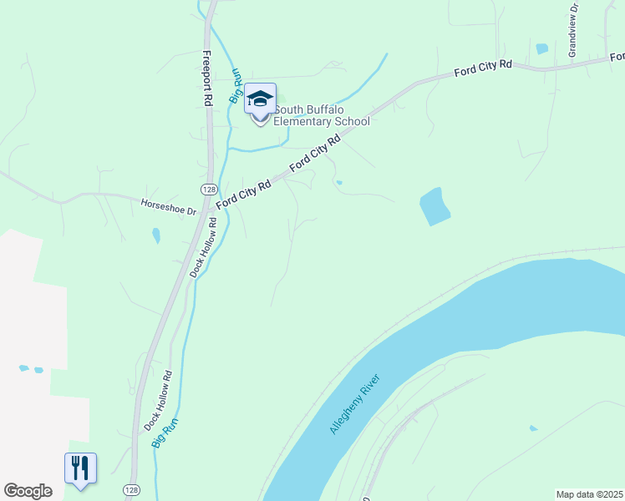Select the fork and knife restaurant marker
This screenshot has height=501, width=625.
(x=80, y=467)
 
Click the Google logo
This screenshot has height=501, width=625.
(x=28, y=491)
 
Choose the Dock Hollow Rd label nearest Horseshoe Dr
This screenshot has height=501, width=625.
(x=203, y=247)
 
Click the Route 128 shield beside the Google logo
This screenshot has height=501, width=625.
(x=130, y=489)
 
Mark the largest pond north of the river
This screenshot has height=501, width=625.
(x=434, y=206)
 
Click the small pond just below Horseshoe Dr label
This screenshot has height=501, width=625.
(x=155, y=236)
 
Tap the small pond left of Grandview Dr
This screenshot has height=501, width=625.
(x=542, y=48)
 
